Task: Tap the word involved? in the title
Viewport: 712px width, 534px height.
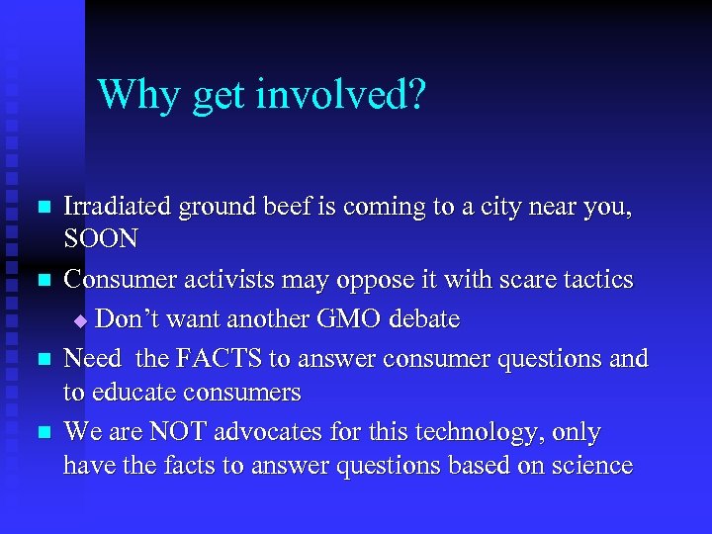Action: pyautogui.click(x=340, y=95)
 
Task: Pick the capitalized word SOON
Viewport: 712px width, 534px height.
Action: pyautogui.click(x=101, y=239)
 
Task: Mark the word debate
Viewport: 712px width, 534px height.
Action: pyautogui.click(x=421, y=319)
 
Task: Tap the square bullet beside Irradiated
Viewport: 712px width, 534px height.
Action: pyautogui.click(x=41, y=208)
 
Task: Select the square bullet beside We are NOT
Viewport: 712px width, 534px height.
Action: pyautogui.click(x=41, y=433)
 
